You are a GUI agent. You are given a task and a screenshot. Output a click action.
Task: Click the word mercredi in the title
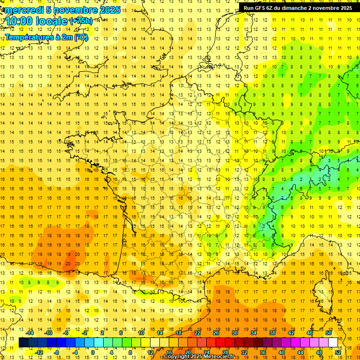[x=24, y=10]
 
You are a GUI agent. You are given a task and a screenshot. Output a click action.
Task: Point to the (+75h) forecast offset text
[x=81, y=21]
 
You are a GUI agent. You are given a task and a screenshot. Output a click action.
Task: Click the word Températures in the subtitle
[x=27, y=37]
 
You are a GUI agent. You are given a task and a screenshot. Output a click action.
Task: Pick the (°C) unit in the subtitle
[x=80, y=37]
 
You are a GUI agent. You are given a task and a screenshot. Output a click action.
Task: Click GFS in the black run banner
[x=261, y=8]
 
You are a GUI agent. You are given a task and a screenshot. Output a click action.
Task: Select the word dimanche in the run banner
[x=294, y=8]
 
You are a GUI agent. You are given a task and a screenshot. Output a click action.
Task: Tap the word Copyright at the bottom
[x=176, y=357]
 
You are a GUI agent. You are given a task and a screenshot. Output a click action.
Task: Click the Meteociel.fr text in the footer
[x=220, y=357]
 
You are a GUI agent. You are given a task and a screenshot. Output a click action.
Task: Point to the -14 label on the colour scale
[x=30, y=333]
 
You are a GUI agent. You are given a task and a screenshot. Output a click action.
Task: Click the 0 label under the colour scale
[x=93, y=352]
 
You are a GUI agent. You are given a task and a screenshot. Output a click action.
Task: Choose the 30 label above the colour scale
[x=235, y=333]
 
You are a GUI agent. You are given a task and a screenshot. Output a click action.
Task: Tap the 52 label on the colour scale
[x=338, y=352]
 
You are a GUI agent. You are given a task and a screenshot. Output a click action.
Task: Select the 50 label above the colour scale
[x=329, y=333]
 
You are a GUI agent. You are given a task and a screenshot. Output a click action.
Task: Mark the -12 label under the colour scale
[x=39, y=352]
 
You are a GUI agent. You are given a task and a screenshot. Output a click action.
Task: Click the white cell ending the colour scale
[x=333, y=343]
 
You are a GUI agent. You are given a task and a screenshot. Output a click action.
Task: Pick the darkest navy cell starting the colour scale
[x=23, y=343]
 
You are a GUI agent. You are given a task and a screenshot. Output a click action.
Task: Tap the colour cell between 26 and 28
[x=220, y=343]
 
